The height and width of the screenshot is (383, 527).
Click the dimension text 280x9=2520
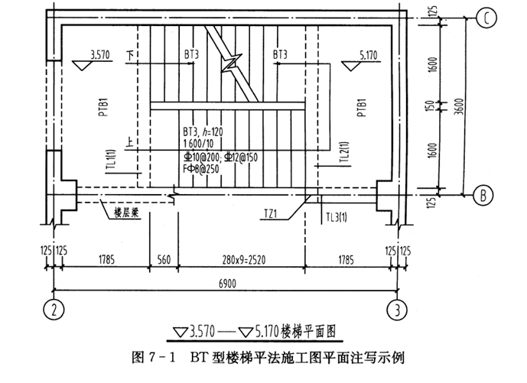242,259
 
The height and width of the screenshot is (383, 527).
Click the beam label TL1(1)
111,163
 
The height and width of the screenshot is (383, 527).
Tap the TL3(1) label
337,216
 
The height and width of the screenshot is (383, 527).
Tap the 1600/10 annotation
200,143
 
